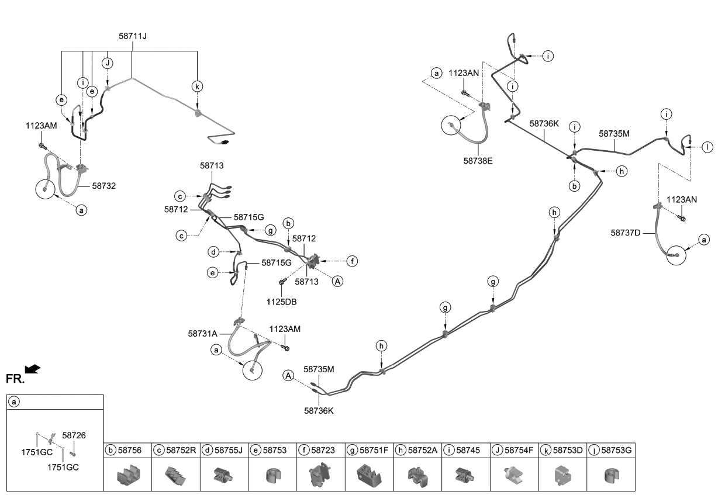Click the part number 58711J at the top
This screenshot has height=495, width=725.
(132, 36)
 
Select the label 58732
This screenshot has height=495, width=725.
(103, 186)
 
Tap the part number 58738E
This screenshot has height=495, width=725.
(478, 160)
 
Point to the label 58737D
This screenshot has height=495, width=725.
(626, 233)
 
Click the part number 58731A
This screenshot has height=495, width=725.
(203, 334)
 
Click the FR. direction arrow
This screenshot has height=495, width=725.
(34, 368)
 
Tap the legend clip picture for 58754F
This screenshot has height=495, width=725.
(514, 475)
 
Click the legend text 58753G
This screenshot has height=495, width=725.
(616, 450)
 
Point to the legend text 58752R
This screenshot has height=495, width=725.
(181, 450)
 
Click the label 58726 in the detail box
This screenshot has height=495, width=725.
(74, 435)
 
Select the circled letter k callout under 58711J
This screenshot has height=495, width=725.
(197, 86)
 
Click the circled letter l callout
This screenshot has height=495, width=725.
(707, 147)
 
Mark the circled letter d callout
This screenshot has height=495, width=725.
(215, 252)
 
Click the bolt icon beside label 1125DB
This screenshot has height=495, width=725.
(282, 282)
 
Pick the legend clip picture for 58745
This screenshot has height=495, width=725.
(465, 475)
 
